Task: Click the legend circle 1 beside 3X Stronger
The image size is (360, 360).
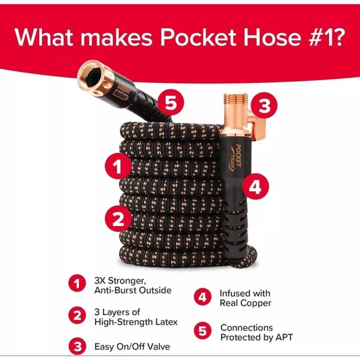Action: [x=77, y=284]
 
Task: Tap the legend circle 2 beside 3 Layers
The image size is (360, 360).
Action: [x=77, y=315]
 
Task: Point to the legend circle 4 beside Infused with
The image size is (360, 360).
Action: [x=202, y=297]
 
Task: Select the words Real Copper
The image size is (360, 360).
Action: [x=246, y=303]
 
